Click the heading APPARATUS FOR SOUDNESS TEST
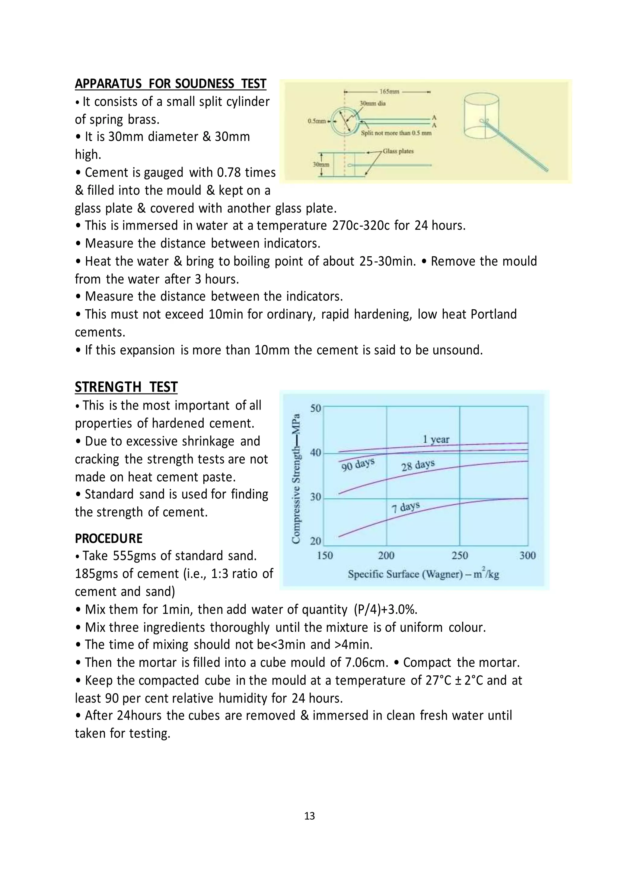(x=170, y=84)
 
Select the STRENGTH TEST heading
(x=126, y=387)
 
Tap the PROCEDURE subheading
(x=108, y=539)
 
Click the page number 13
(x=309, y=816)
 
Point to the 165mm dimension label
(x=389, y=92)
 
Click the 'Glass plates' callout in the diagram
(x=398, y=151)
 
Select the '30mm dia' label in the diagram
(x=373, y=103)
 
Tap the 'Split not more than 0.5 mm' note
(x=396, y=133)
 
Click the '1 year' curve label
(x=436, y=440)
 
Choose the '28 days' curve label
(x=418, y=465)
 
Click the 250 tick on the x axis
(x=459, y=556)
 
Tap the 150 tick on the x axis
(x=325, y=556)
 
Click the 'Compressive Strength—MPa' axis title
(x=296, y=478)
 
